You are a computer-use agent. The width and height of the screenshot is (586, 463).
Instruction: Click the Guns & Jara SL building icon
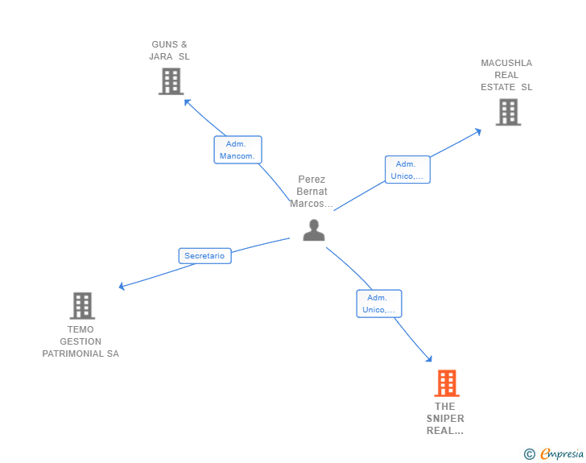(171, 81)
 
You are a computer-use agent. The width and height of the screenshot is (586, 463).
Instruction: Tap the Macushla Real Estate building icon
(508, 112)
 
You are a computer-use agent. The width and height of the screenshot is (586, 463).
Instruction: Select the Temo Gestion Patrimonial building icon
(82, 306)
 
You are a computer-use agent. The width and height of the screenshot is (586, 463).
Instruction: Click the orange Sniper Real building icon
(447, 383)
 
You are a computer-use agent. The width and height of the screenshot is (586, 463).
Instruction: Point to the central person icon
(314, 230)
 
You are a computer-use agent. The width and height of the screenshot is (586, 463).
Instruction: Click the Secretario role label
(204, 256)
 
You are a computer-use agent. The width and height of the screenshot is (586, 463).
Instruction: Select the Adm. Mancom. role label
(237, 150)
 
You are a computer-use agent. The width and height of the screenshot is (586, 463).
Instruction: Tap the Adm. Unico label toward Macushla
(407, 170)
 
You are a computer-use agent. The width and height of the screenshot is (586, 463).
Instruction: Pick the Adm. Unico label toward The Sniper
(379, 304)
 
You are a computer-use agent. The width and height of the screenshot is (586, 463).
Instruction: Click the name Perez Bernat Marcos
(312, 192)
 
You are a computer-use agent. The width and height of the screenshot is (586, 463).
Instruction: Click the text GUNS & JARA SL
(170, 51)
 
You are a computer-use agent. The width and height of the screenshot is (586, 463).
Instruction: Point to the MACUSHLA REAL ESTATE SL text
(506, 75)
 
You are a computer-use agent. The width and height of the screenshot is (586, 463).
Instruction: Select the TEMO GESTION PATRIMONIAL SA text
(80, 341)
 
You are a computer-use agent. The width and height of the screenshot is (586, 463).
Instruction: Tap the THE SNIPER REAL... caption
(445, 418)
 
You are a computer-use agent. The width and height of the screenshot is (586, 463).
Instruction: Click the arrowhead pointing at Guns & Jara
(187, 101)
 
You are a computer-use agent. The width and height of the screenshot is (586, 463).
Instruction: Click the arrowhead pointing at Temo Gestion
(122, 286)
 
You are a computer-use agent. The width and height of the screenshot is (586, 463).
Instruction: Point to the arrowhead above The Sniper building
(430, 359)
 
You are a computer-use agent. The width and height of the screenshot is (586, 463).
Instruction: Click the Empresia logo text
(562, 454)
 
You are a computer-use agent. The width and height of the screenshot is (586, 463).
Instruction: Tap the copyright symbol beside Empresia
(530, 454)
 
